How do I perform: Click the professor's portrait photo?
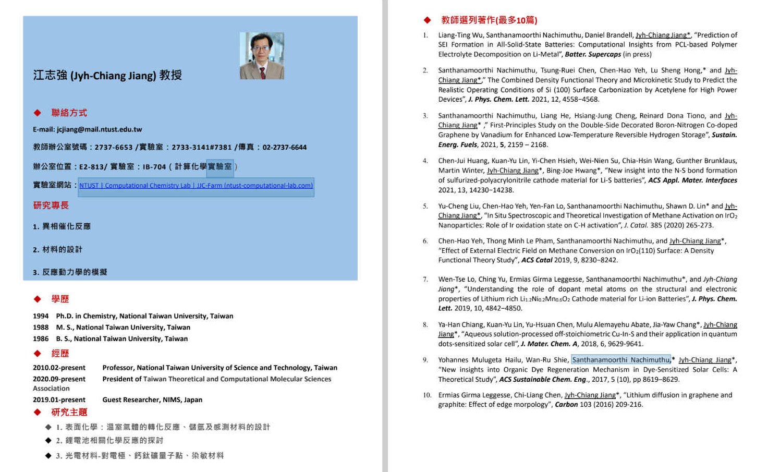[x=262, y=56]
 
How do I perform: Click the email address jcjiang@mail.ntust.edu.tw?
[x=99, y=129]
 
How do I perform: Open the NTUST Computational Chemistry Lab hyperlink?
[x=196, y=186]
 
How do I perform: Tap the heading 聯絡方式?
[x=69, y=113]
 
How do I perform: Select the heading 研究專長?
[x=51, y=205]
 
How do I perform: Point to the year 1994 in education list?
[x=41, y=316]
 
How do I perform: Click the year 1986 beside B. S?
[x=41, y=339]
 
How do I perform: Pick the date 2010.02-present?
[x=59, y=368]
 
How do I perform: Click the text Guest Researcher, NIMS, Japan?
[x=152, y=400]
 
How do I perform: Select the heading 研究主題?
[x=69, y=413]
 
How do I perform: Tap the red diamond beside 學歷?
[x=38, y=299]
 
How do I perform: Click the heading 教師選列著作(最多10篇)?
[x=489, y=20]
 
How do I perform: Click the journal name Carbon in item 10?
[x=566, y=405]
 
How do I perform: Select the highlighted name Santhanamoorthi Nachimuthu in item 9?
[x=620, y=360]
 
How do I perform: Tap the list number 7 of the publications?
[x=425, y=280]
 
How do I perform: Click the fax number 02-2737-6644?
[x=284, y=148]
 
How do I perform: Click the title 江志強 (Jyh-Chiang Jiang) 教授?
[x=107, y=75]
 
